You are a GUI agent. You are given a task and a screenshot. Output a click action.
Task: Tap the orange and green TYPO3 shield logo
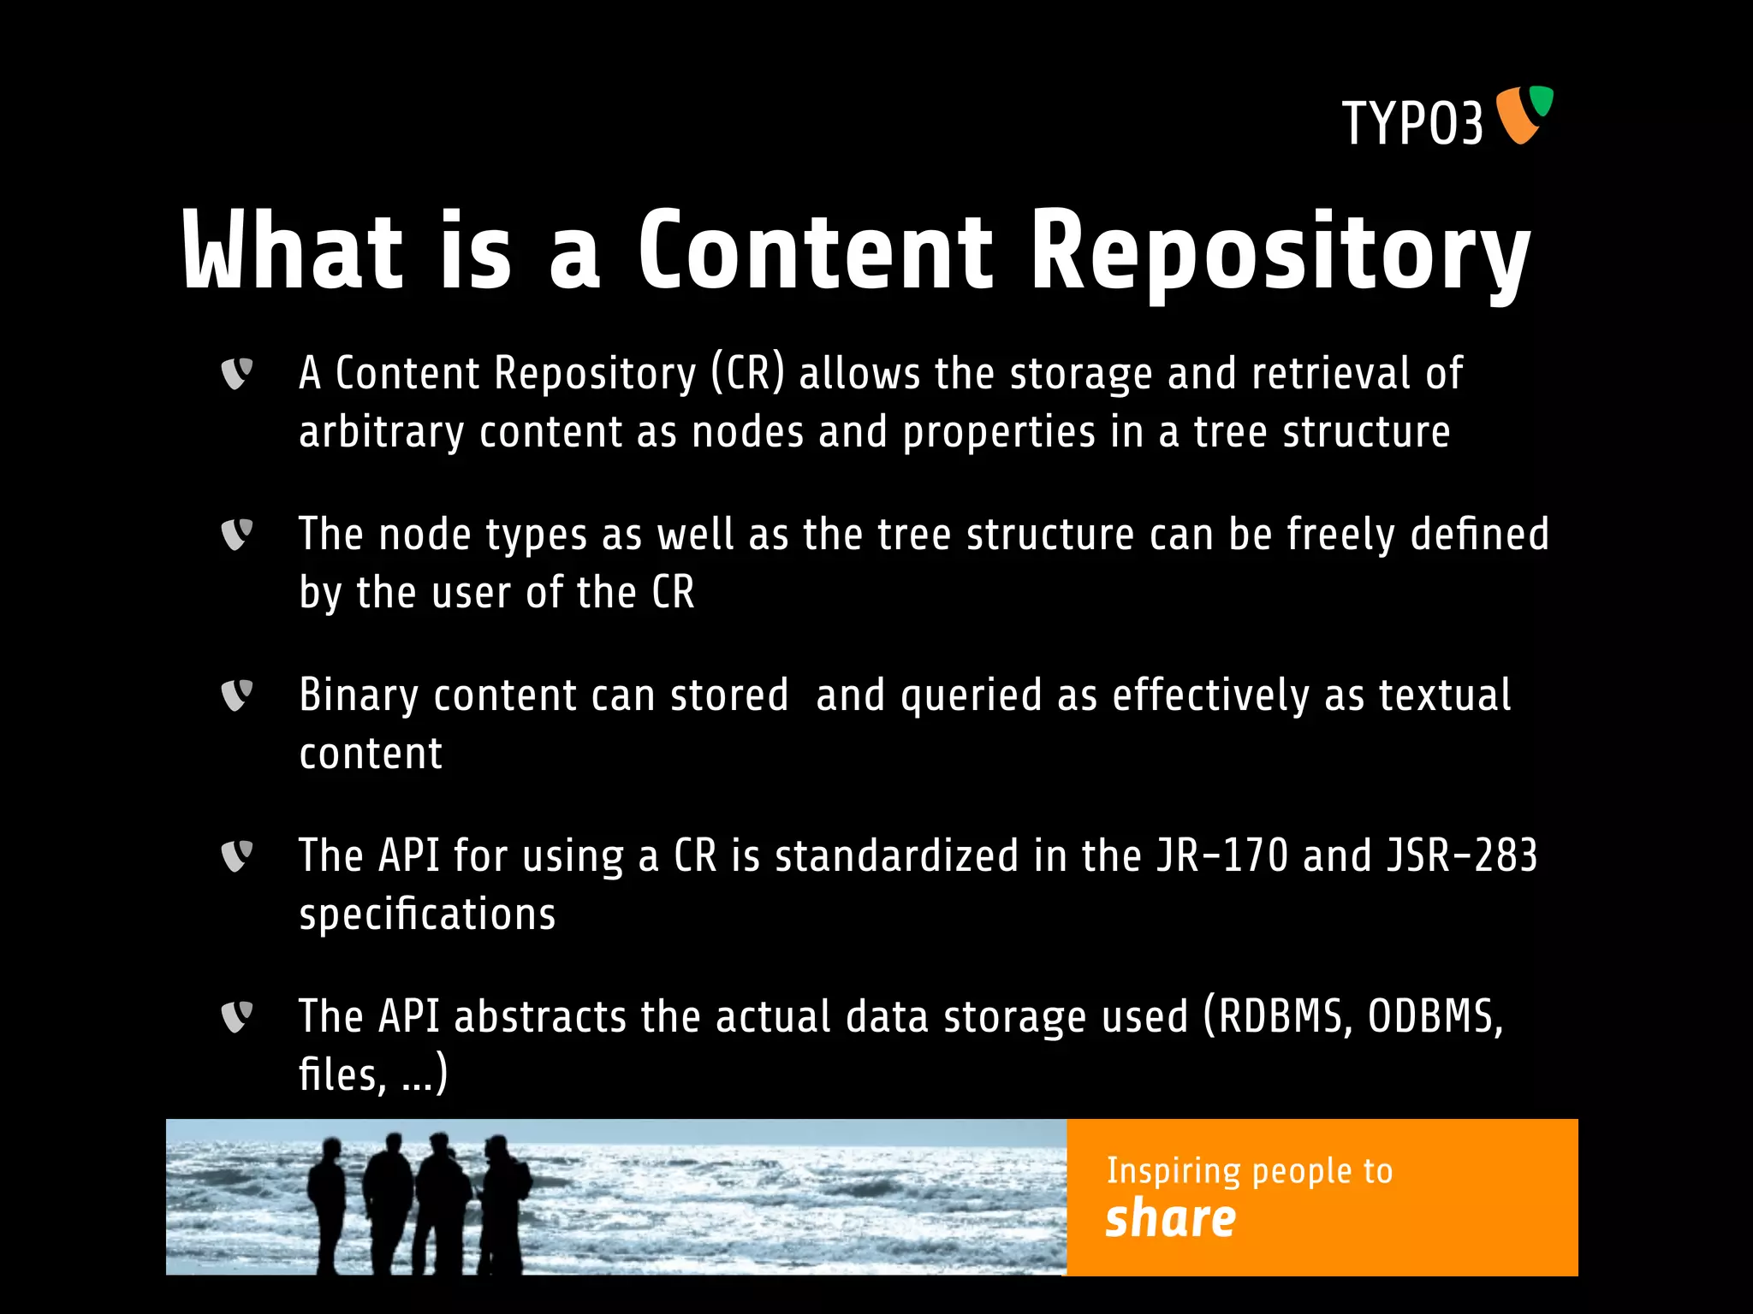(1524, 115)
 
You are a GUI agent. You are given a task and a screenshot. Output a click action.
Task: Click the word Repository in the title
(1280, 252)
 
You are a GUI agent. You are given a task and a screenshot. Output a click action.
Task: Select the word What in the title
(292, 252)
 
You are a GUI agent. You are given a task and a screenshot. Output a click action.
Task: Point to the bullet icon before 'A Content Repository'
(237, 373)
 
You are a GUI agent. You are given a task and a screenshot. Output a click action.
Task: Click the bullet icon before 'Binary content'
(237, 695)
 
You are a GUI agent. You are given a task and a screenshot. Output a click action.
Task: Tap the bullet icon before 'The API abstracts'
(237, 1016)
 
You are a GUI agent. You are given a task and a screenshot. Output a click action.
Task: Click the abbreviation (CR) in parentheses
(747, 374)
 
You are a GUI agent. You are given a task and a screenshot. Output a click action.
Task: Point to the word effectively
(1210, 695)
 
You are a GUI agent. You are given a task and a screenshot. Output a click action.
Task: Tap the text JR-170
(1222, 855)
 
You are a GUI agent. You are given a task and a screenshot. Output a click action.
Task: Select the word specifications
(427, 914)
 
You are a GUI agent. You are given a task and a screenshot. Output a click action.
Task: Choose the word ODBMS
(1435, 1017)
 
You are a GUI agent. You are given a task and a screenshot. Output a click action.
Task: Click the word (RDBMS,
(1279, 1017)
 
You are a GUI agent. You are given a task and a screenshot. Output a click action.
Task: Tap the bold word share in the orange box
(1170, 1218)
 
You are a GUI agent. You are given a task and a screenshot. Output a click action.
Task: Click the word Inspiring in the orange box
(1173, 1171)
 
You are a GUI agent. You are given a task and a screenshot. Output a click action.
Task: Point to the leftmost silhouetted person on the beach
(326, 1202)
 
